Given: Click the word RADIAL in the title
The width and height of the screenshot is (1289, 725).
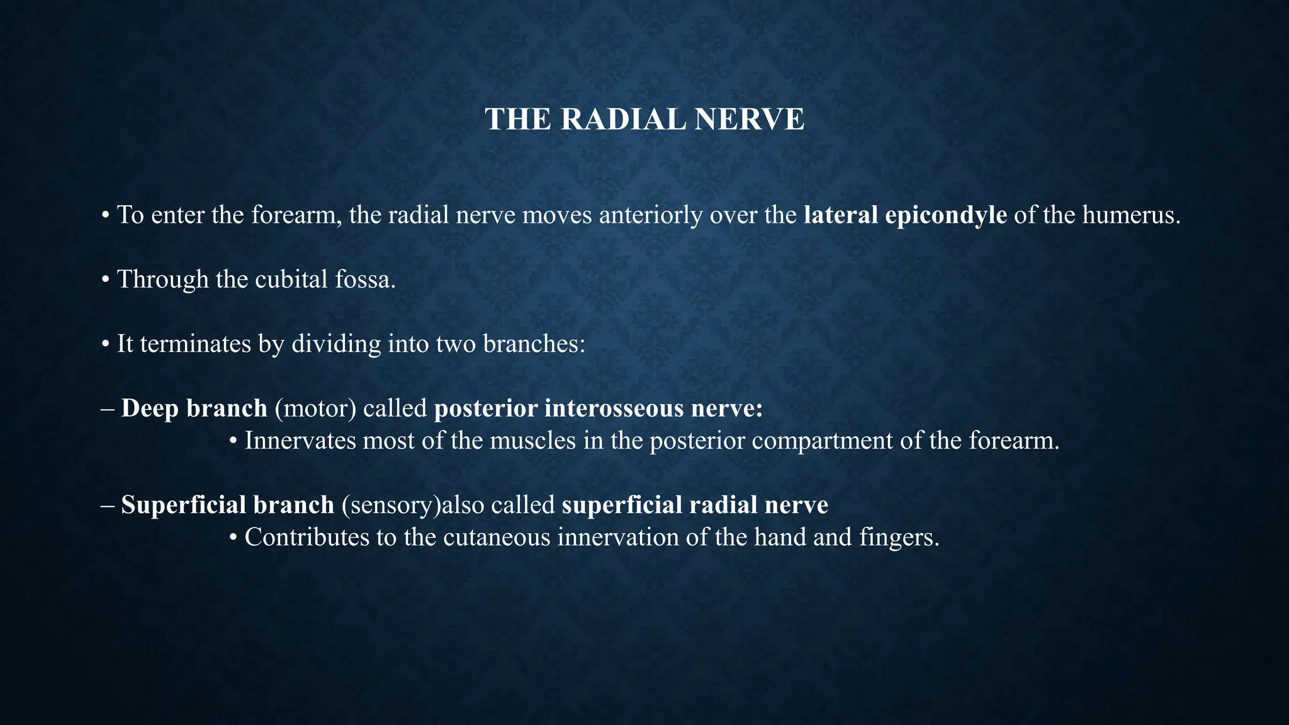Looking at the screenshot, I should [622, 120].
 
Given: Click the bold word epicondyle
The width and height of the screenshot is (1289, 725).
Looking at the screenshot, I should [946, 215].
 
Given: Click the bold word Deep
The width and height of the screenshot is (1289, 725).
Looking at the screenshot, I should [150, 408].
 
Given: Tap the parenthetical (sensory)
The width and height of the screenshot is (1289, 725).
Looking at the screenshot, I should [391, 505].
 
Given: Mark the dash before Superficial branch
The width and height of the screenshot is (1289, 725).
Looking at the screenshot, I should [107, 505].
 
